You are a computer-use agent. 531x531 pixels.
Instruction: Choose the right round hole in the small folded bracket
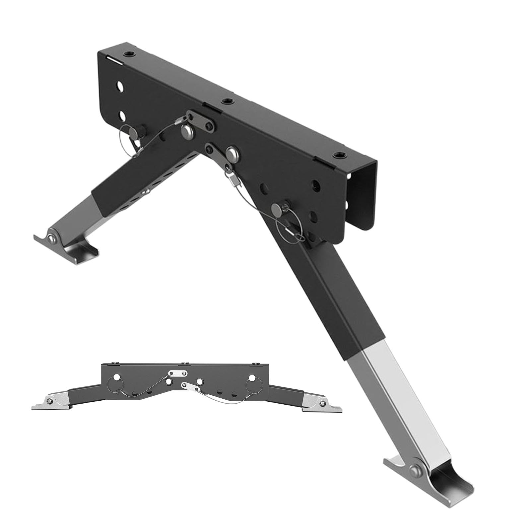252,378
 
